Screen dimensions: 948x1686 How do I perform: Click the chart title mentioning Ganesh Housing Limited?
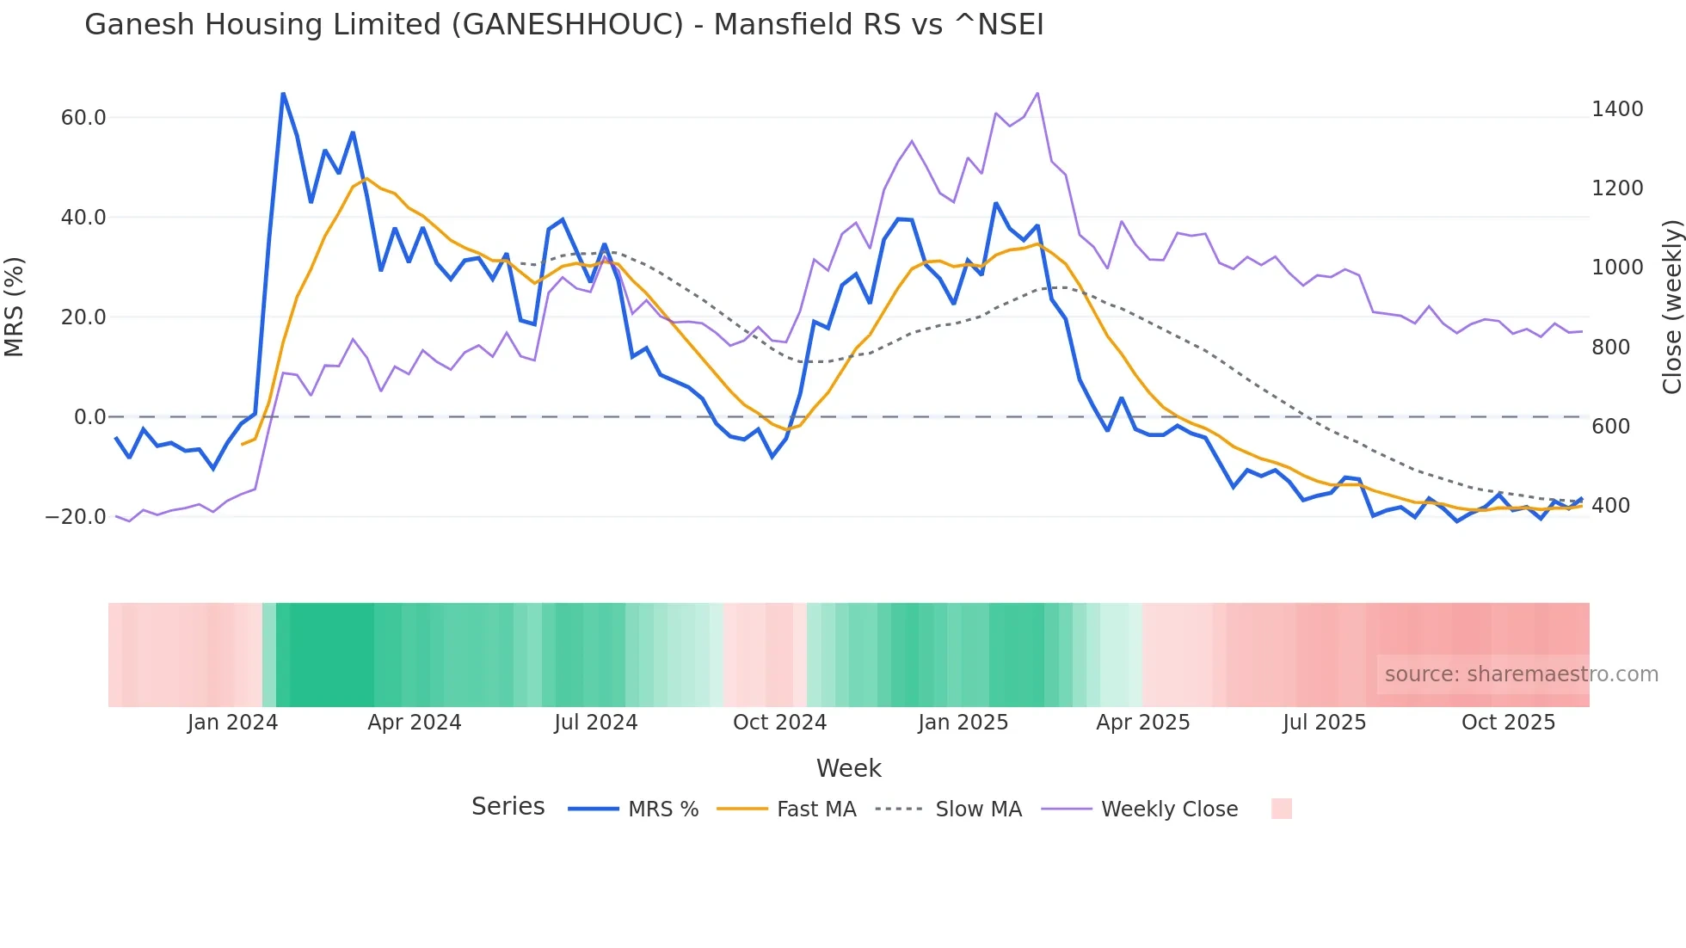(563, 25)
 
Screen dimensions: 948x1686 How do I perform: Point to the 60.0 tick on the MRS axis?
(83, 118)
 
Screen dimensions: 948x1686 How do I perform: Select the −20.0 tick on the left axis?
(76, 517)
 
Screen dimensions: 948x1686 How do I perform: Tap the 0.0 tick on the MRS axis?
(89, 417)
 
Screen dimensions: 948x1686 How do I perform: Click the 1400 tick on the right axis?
(1617, 109)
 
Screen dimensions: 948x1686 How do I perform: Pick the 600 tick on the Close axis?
(1610, 427)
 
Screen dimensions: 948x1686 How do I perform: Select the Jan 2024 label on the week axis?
(232, 723)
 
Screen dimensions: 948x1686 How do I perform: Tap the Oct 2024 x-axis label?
(779, 723)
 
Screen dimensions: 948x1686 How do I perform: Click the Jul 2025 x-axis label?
(1324, 723)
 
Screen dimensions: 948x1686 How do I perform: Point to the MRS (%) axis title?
(15, 307)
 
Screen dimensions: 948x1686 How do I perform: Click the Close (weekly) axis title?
(1671, 307)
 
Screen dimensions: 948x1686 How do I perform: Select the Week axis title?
(848, 768)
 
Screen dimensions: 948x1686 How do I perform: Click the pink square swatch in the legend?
(1281, 809)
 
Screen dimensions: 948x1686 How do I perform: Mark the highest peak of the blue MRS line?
(283, 93)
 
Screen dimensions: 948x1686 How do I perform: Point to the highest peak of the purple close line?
(1037, 93)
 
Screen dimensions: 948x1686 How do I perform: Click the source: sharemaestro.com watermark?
(1521, 674)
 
